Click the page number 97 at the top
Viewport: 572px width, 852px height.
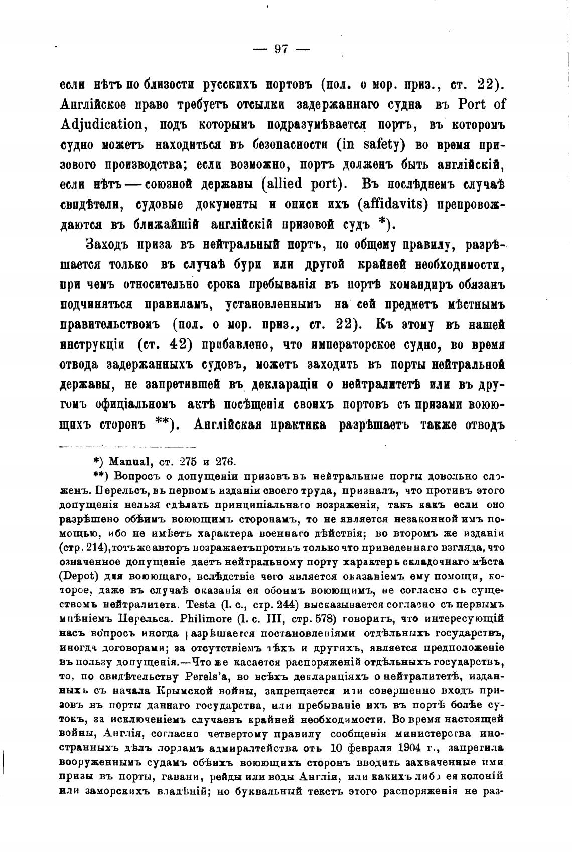tap(281, 49)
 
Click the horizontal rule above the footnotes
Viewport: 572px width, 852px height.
tap(128, 446)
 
